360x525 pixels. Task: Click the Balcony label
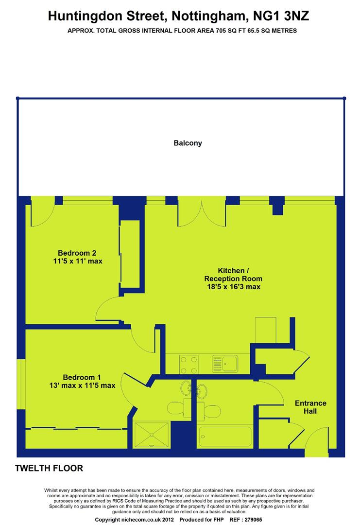pos(188,143)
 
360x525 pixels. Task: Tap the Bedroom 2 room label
pos(77,253)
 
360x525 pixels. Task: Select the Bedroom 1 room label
pos(82,377)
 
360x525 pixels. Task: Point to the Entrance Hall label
pos(310,407)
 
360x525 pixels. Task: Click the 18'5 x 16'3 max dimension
pos(234,287)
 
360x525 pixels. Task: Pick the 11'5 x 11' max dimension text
pos(78,261)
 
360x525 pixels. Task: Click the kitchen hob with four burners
pos(189,364)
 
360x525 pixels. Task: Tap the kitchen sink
pos(225,364)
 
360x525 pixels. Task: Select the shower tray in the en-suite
pos(152,435)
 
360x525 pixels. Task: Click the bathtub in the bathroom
pos(225,436)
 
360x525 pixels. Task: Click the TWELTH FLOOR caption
pos(49,468)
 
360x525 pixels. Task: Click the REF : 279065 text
pos(246,520)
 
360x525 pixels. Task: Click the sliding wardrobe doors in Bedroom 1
pos(77,428)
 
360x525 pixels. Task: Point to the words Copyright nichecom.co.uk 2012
pos(135,520)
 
